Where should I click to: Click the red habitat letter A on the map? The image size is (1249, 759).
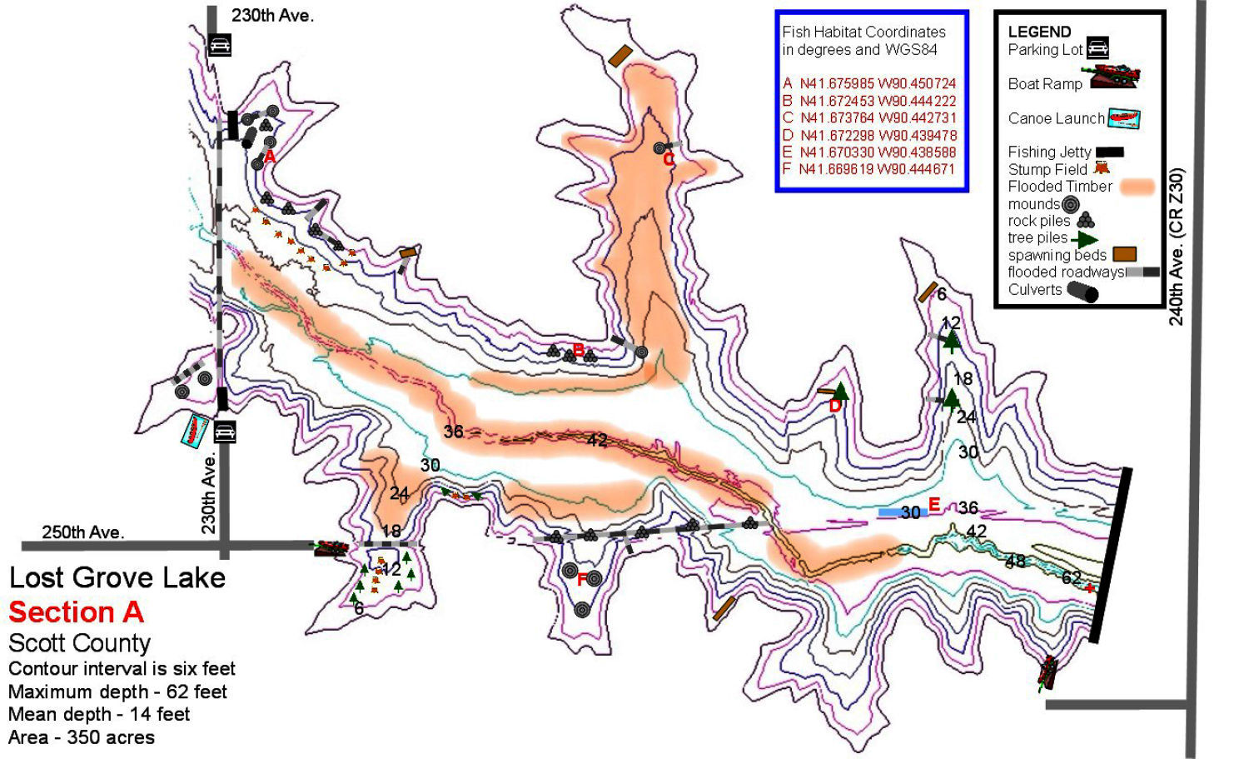tap(270, 156)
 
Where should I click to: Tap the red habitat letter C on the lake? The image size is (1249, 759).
tap(668, 161)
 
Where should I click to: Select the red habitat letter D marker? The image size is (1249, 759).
tap(835, 407)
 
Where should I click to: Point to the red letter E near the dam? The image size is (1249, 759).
tap(934, 505)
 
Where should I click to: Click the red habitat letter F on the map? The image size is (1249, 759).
tap(582, 580)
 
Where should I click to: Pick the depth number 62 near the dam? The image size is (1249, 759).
tap(1072, 577)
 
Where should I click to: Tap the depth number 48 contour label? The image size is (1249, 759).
tap(1015, 561)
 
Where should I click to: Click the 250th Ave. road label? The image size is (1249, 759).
tap(83, 532)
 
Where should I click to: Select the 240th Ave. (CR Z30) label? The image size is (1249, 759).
tap(1177, 247)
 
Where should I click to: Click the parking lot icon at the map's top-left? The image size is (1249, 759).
tap(219, 45)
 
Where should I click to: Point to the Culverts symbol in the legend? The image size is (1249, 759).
tap(1082, 292)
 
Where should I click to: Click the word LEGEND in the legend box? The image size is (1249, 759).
tap(1039, 32)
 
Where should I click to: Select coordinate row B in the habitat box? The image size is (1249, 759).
tap(869, 101)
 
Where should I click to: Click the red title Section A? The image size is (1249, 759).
tap(76, 612)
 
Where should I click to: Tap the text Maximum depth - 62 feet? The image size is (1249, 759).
tap(117, 692)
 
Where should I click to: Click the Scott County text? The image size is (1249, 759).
tap(79, 643)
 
